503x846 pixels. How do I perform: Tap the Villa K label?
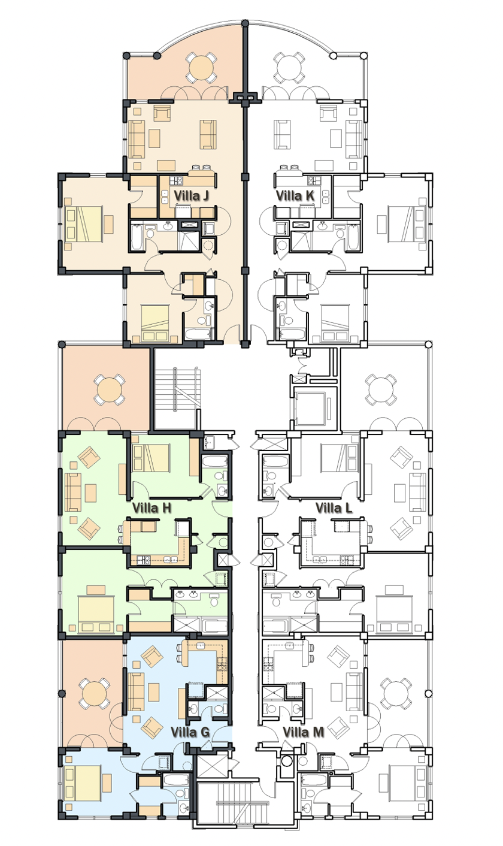[295, 195]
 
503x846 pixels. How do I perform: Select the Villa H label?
[151, 508]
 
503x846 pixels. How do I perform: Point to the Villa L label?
[334, 508]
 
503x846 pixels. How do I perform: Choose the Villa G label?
[190, 732]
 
